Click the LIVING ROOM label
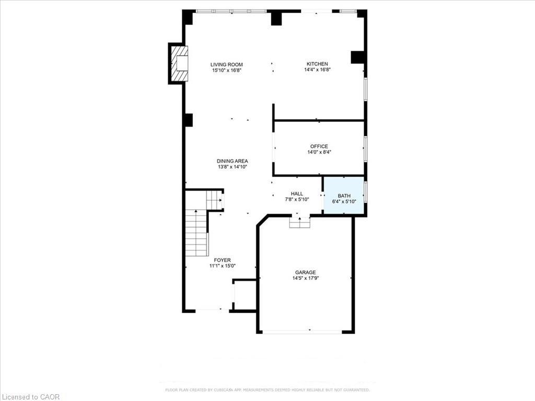(227, 65)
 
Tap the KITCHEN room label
(317, 64)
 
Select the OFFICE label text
(319, 147)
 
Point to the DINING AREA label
(232, 161)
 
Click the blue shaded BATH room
(343, 195)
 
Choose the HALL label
(297, 194)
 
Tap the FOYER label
(222, 260)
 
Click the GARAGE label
(305, 273)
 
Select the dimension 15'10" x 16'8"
(227, 70)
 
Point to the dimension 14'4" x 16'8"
(317, 70)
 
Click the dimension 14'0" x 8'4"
(319, 152)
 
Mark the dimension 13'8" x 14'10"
(232, 167)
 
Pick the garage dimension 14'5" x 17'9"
(305, 278)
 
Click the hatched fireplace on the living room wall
(179, 63)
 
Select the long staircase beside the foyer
(196, 233)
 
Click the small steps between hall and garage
(300, 222)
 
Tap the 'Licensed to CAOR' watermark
(30, 397)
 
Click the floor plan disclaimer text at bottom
(267, 390)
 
